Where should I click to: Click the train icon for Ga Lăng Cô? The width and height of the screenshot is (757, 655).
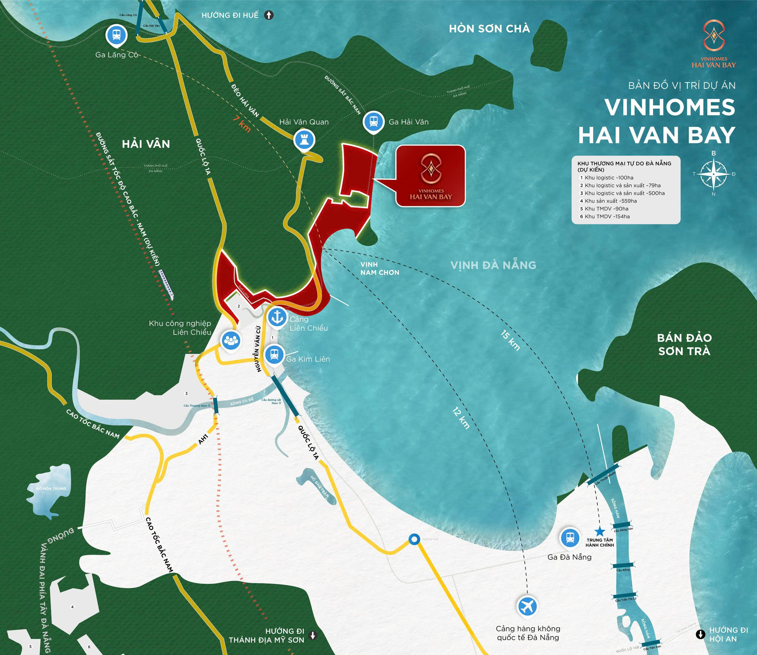(116, 35)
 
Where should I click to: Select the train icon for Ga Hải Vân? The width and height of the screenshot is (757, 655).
(373, 122)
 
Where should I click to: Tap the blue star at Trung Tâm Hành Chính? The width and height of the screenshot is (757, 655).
(599, 531)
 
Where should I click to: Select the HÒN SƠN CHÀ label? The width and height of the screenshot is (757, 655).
(489, 29)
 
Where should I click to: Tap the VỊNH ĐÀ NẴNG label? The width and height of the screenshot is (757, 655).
(493, 265)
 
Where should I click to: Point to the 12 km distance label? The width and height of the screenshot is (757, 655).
(461, 418)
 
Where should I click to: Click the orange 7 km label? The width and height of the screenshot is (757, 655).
(242, 124)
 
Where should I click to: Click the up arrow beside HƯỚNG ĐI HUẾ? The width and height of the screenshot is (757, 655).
(269, 15)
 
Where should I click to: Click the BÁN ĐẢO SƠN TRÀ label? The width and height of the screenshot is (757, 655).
(684, 344)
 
